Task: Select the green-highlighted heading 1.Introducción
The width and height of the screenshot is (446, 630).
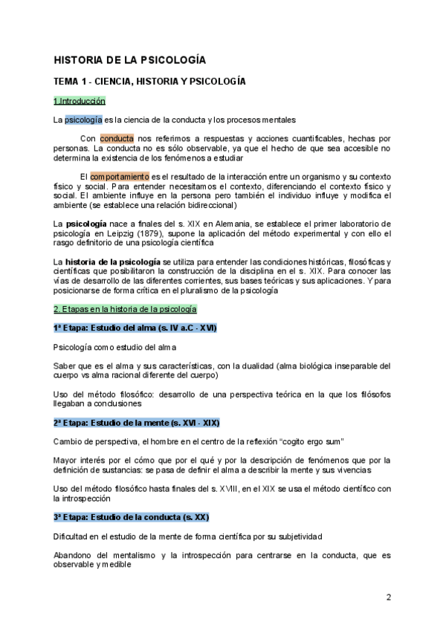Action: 80,101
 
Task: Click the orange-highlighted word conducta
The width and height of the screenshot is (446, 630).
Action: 117,138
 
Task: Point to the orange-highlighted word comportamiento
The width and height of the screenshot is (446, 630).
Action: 120,176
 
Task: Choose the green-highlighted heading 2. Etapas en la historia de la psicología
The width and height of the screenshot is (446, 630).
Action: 125,309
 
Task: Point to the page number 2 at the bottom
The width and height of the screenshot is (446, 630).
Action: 389,598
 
